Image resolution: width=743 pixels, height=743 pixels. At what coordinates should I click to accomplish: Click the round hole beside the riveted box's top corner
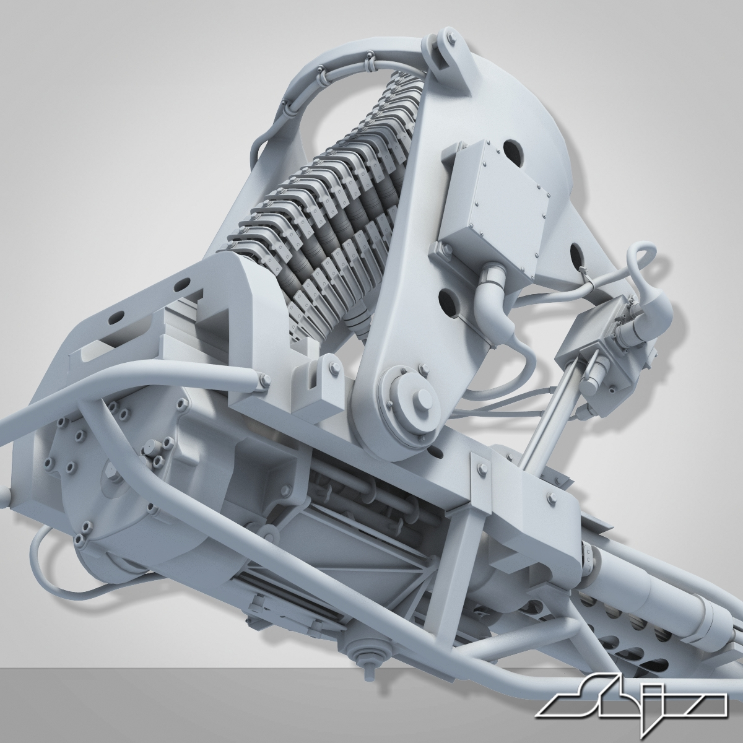click(512, 150)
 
